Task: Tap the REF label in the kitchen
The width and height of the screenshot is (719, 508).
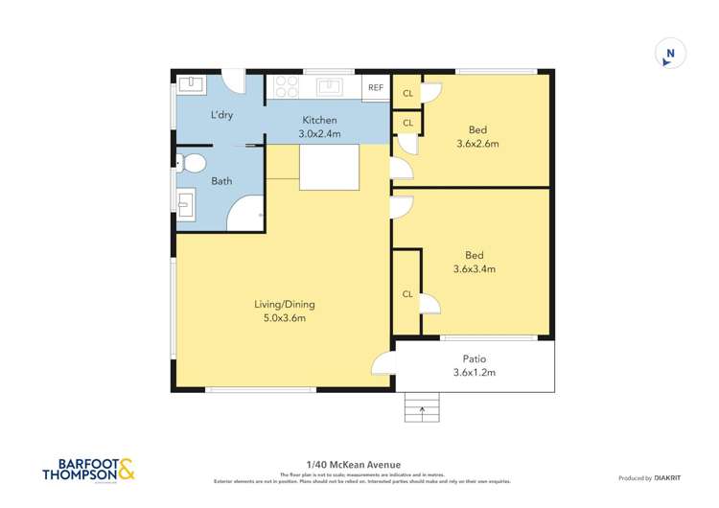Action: point(376,88)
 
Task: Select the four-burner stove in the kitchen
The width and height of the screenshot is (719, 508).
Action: point(286,86)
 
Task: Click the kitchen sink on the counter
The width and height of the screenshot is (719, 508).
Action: point(330,86)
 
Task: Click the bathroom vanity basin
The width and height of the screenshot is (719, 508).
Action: point(185,204)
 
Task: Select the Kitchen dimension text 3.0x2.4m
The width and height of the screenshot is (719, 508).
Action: point(319,133)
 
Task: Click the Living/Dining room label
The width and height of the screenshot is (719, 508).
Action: point(284,305)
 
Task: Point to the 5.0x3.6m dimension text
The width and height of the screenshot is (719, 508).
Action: point(284,318)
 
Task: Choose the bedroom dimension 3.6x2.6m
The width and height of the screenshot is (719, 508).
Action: point(476,144)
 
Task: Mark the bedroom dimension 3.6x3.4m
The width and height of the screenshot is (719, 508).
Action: point(474,269)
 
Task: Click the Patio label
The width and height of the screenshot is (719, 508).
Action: point(475,359)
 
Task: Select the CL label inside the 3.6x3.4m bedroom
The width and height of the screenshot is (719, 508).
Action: point(407,294)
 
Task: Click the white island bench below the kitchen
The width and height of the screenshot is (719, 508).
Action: point(329,169)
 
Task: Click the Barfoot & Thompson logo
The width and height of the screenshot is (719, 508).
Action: point(89,469)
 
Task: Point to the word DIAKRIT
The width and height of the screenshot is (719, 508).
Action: point(667,477)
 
